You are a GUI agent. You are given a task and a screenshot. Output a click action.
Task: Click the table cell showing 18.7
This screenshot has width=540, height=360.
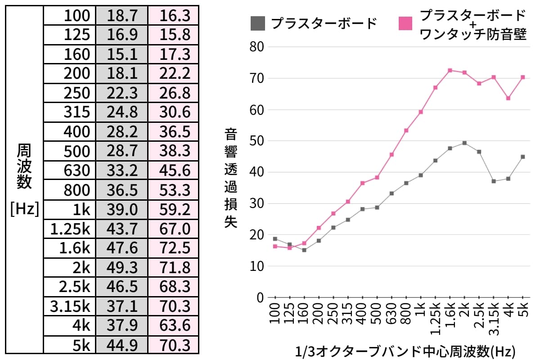pos(121,16)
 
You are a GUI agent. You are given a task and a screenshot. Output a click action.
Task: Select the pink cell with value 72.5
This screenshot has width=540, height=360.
pos(175,248)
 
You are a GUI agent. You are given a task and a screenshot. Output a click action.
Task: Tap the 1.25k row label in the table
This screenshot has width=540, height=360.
pos(70,229)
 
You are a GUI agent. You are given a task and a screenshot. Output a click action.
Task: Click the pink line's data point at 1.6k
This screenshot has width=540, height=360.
pos(450,70)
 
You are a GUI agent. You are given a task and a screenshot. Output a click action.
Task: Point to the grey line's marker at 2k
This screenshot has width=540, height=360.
pos(464,143)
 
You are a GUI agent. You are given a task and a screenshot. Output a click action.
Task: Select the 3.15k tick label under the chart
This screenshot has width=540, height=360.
pos(494,320)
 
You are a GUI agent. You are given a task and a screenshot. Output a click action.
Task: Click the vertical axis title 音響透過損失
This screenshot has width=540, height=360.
pos(230,179)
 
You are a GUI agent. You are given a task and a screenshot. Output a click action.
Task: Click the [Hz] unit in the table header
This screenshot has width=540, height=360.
pos(24,209)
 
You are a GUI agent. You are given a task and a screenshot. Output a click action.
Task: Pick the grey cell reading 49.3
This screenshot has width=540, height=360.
pos(121,267)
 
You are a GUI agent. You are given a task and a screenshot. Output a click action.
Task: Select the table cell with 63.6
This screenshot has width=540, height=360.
pos(175,325)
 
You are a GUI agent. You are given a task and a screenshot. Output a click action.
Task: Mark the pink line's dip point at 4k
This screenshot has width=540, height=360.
pos(508,98)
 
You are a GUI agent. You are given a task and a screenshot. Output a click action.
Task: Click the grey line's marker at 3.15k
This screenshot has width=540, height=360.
pos(494,181)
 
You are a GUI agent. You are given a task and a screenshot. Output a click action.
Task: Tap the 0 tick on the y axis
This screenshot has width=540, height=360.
pos(260,297)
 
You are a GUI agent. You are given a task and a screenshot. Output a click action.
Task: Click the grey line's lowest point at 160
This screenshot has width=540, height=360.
pos(304,250)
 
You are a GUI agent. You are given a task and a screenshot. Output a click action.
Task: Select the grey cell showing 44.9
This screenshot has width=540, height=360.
pos(121,344)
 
